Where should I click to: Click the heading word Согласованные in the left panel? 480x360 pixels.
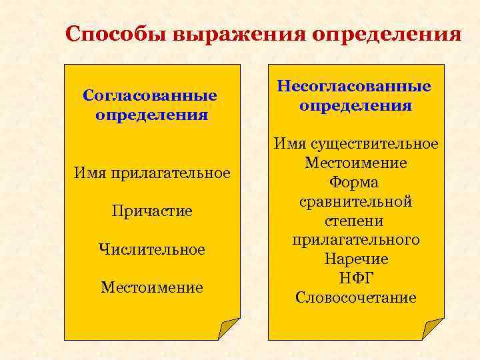click(x=151, y=95)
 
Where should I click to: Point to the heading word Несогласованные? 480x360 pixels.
click(x=355, y=87)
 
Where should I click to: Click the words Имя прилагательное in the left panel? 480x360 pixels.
click(x=151, y=173)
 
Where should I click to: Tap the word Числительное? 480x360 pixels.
click(x=151, y=250)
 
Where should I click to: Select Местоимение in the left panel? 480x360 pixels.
click(x=151, y=288)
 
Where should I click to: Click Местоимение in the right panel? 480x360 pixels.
click(x=355, y=163)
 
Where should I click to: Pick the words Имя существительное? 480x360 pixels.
click(x=355, y=144)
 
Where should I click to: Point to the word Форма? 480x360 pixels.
click(x=355, y=183)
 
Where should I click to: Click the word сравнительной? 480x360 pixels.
click(x=355, y=202)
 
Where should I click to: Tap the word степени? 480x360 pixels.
click(x=355, y=221)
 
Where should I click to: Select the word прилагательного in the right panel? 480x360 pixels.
click(x=355, y=240)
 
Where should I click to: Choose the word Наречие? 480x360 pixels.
click(x=355, y=259)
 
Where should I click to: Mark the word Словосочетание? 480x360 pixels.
click(x=355, y=297)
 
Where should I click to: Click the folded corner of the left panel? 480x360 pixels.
click(x=229, y=329)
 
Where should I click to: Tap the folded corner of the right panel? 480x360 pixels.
click(x=433, y=329)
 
